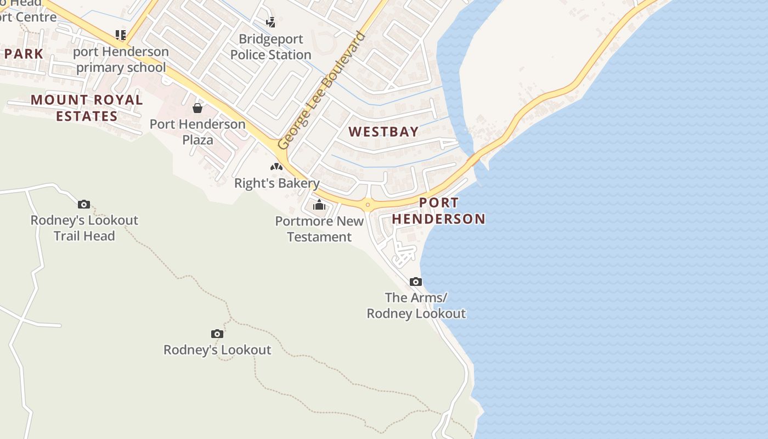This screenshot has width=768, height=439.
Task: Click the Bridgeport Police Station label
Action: tap(271, 47)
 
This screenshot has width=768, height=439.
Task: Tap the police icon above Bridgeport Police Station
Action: tap(270, 22)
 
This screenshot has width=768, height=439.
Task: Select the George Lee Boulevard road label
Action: tap(321, 91)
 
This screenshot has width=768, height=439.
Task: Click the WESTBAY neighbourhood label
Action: tap(384, 132)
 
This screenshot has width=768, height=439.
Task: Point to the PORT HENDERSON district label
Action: tap(438, 211)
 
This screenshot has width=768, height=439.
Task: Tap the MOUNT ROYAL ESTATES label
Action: tap(87, 108)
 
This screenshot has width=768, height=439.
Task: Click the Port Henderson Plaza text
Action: tap(197, 132)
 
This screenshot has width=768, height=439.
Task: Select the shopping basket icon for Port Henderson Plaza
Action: tap(197, 108)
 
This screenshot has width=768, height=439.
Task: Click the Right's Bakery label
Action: tap(276, 183)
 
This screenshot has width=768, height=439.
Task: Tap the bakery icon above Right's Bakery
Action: tap(276, 166)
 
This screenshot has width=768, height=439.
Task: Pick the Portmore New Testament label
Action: tap(319, 229)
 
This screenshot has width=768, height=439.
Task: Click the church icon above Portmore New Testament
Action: tap(319, 206)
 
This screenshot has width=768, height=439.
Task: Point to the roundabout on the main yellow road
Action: tap(368, 205)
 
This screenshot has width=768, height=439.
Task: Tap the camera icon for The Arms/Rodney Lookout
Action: tap(416, 282)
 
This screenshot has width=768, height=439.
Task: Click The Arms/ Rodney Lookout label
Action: tap(416, 306)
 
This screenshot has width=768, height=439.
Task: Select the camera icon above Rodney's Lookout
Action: tap(217, 334)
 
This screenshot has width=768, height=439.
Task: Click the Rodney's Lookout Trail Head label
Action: tap(84, 228)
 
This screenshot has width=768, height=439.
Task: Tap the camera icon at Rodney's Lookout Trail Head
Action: tap(84, 204)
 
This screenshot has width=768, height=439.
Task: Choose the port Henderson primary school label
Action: tap(121, 60)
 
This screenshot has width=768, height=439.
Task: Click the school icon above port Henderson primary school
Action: tap(121, 35)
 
